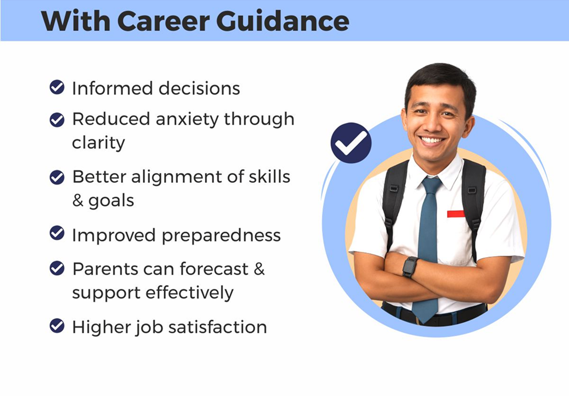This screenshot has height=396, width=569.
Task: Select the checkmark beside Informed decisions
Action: point(57,87)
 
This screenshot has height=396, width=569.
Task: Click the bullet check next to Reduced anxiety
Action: point(57,120)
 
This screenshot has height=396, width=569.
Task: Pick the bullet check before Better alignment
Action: point(57,177)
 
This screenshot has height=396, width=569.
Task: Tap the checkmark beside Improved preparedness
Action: point(57,233)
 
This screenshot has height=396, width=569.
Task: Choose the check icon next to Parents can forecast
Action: point(57,268)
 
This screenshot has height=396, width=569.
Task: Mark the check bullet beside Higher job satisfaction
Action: point(57,326)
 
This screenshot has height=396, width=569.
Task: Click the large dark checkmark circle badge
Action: point(351,143)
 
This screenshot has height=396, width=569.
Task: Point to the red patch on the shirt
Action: point(456,214)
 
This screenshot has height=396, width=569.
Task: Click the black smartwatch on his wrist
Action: point(410,267)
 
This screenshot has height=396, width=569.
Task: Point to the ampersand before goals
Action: point(78,201)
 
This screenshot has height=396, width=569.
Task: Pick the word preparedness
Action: point(221,236)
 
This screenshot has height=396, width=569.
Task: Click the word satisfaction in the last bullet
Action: point(217,327)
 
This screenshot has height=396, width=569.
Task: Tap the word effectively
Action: point(190,293)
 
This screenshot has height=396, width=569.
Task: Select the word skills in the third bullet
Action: point(270,176)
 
